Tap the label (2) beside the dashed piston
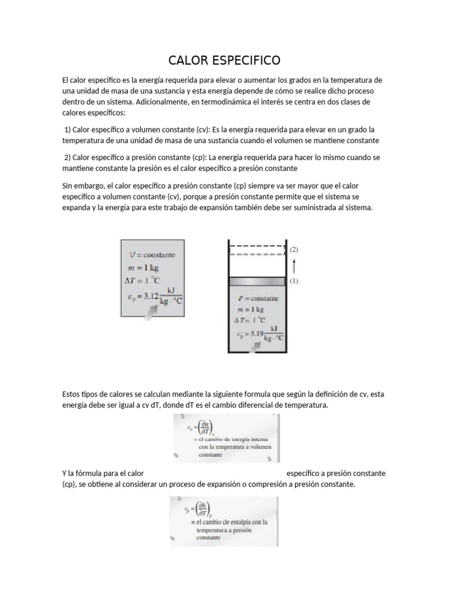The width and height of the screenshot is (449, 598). [x=294, y=249]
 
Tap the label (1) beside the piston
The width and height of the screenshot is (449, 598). [x=294, y=281]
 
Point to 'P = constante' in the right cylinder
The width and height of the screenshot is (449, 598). [x=258, y=298]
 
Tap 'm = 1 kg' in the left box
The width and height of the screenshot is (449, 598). [x=143, y=268]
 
